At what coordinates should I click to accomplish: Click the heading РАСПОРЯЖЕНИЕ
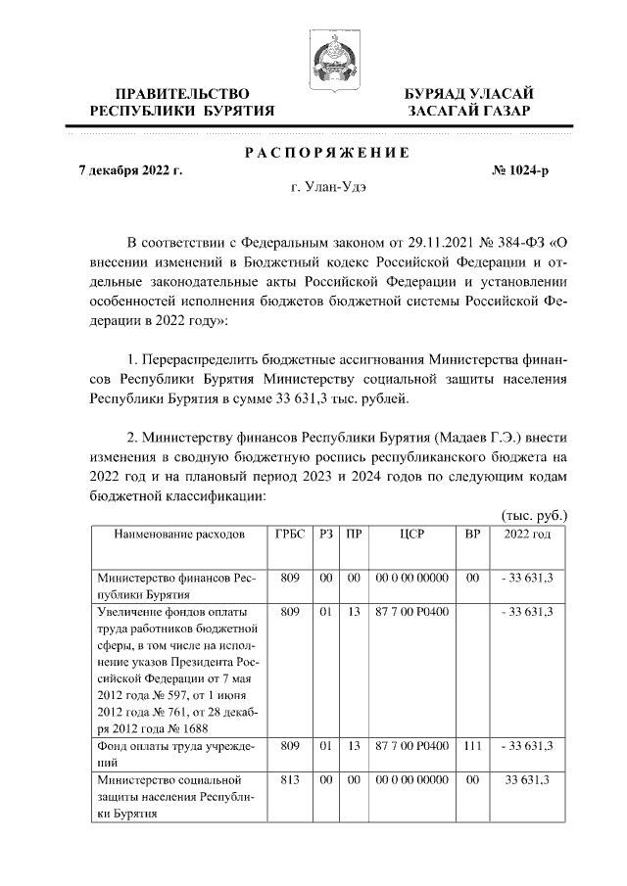pyautogui.click(x=326, y=153)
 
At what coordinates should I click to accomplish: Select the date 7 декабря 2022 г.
pyautogui.click(x=130, y=170)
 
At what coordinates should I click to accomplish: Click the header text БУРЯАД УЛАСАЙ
pyautogui.click(x=469, y=93)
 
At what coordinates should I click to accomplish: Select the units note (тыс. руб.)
pyautogui.click(x=534, y=515)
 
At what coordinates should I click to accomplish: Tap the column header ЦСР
pyautogui.click(x=411, y=534)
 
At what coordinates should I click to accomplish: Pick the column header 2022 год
pyautogui.click(x=526, y=534)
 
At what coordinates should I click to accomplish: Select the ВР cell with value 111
pyautogui.click(x=471, y=745)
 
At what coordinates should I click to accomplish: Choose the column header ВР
pyautogui.click(x=471, y=534)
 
